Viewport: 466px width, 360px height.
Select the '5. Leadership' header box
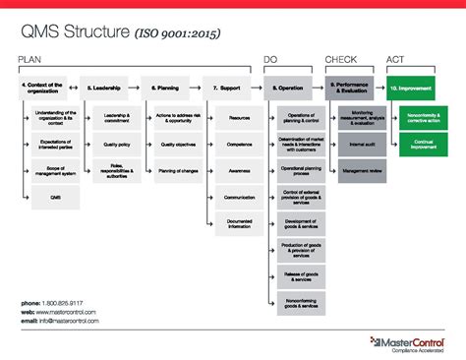pos(104,88)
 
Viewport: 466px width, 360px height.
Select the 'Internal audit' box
pos(362,144)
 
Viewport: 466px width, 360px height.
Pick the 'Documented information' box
pos(239,224)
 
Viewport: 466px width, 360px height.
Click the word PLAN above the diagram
pos(29,60)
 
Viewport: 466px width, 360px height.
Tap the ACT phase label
pos(396,60)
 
